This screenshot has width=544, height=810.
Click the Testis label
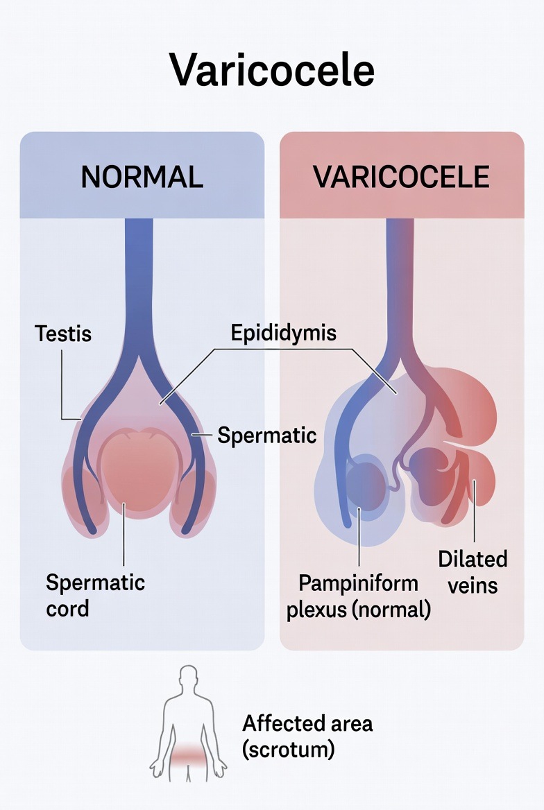(x=63, y=334)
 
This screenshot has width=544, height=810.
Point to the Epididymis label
(x=283, y=332)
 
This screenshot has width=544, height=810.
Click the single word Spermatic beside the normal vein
(x=267, y=436)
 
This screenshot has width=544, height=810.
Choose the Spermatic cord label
(x=95, y=595)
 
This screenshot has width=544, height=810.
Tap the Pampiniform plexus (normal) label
(x=359, y=596)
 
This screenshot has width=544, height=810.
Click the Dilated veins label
(x=473, y=571)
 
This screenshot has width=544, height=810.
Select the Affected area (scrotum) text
(x=307, y=736)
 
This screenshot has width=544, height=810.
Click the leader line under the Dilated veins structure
(x=475, y=520)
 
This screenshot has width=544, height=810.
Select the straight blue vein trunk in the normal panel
(x=139, y=277)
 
